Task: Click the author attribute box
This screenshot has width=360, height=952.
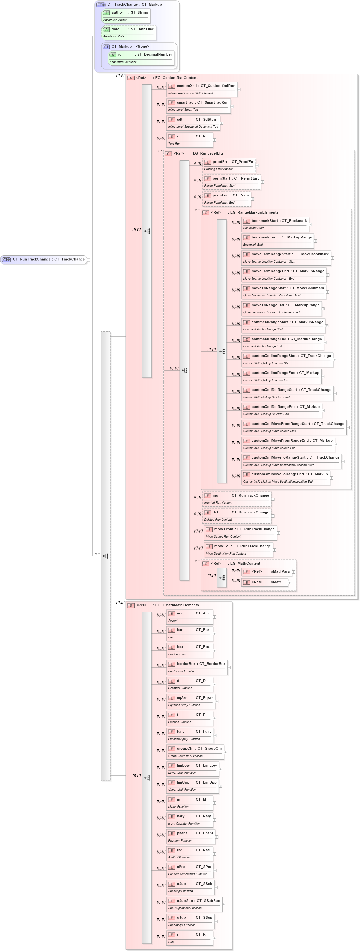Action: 126,16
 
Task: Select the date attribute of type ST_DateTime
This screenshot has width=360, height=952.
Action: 129,32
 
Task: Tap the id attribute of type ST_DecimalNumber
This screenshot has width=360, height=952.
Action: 141,58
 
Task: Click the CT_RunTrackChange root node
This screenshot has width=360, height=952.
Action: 44,259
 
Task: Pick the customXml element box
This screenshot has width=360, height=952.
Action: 202,89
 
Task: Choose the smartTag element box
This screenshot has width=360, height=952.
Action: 198,106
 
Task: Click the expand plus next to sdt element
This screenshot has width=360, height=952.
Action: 222,123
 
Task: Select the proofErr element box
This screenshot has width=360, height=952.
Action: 229,165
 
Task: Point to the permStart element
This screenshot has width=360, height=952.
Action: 231,181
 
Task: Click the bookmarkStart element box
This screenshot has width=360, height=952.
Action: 275,224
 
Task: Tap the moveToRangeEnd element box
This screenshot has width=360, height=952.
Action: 281,308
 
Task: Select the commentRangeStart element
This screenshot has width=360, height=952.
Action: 283,325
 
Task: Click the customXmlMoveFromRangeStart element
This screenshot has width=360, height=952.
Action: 294,427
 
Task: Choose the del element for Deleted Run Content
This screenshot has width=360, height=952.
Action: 237,515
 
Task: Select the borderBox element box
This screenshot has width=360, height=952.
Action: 197,667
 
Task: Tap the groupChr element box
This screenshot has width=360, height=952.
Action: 195,752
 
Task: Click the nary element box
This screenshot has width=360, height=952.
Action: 190,819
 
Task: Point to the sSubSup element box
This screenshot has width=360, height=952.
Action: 194,904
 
